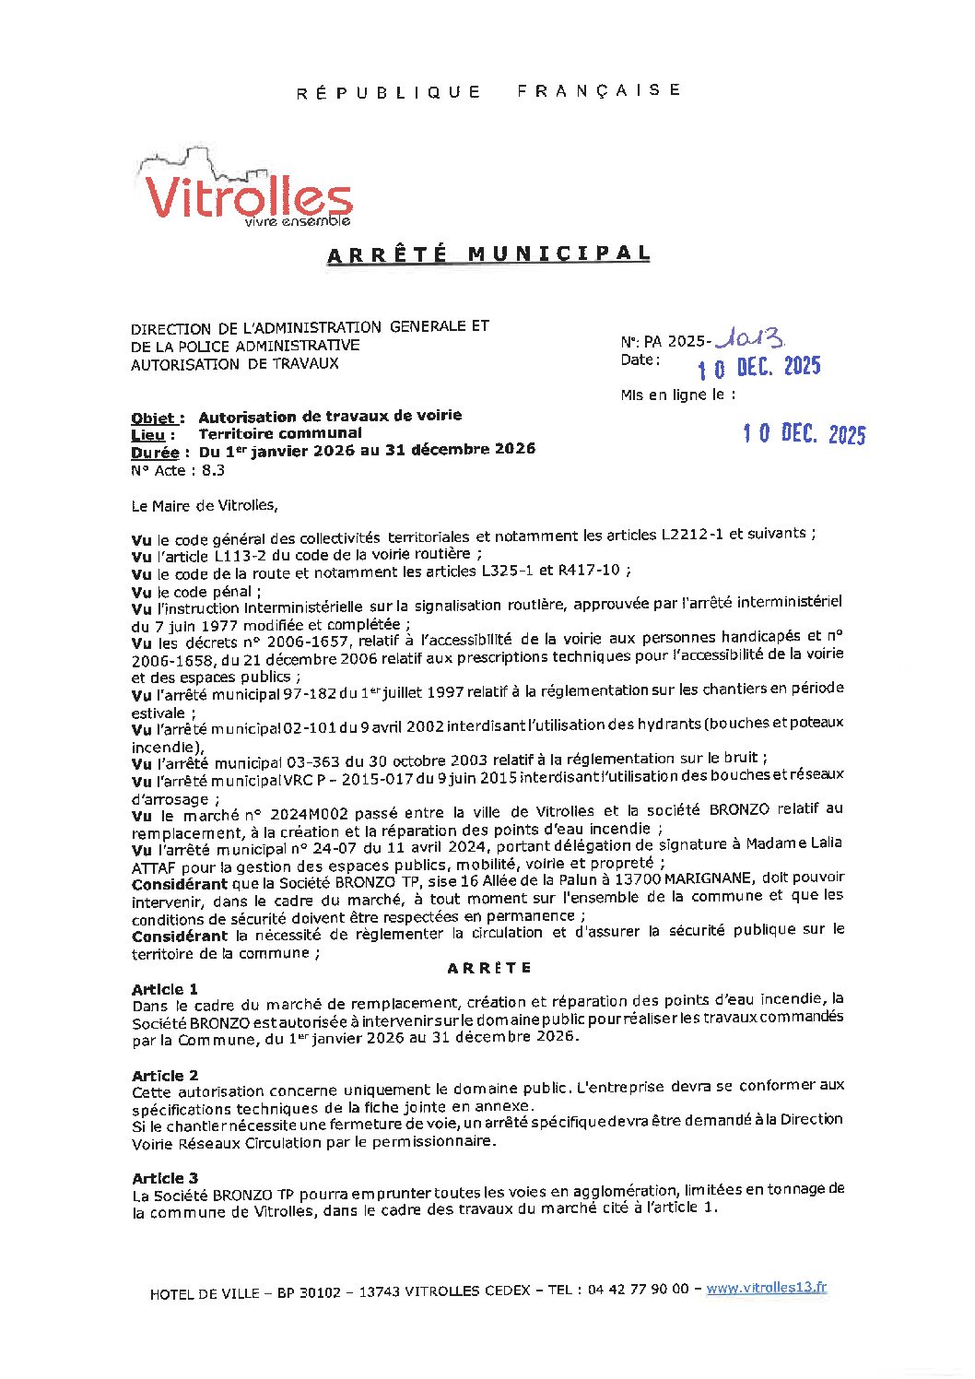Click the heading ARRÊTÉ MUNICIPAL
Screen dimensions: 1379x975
point(488,254)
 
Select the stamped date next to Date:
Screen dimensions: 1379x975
point(758,367)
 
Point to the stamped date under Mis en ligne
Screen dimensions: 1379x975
point(805,433)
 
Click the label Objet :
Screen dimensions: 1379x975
point(158,418)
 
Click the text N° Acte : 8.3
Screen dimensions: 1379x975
point(177,470)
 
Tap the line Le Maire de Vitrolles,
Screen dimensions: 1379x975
point(204,505)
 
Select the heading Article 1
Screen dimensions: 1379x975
point(164,989)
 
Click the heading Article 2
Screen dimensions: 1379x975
point(164,1076)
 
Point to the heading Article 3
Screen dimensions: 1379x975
point(164,1178)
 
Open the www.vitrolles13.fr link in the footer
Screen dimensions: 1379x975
point(766,1288)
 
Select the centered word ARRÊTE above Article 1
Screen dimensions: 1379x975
point(489,968)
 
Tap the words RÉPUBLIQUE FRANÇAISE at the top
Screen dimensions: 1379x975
point(488,91)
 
